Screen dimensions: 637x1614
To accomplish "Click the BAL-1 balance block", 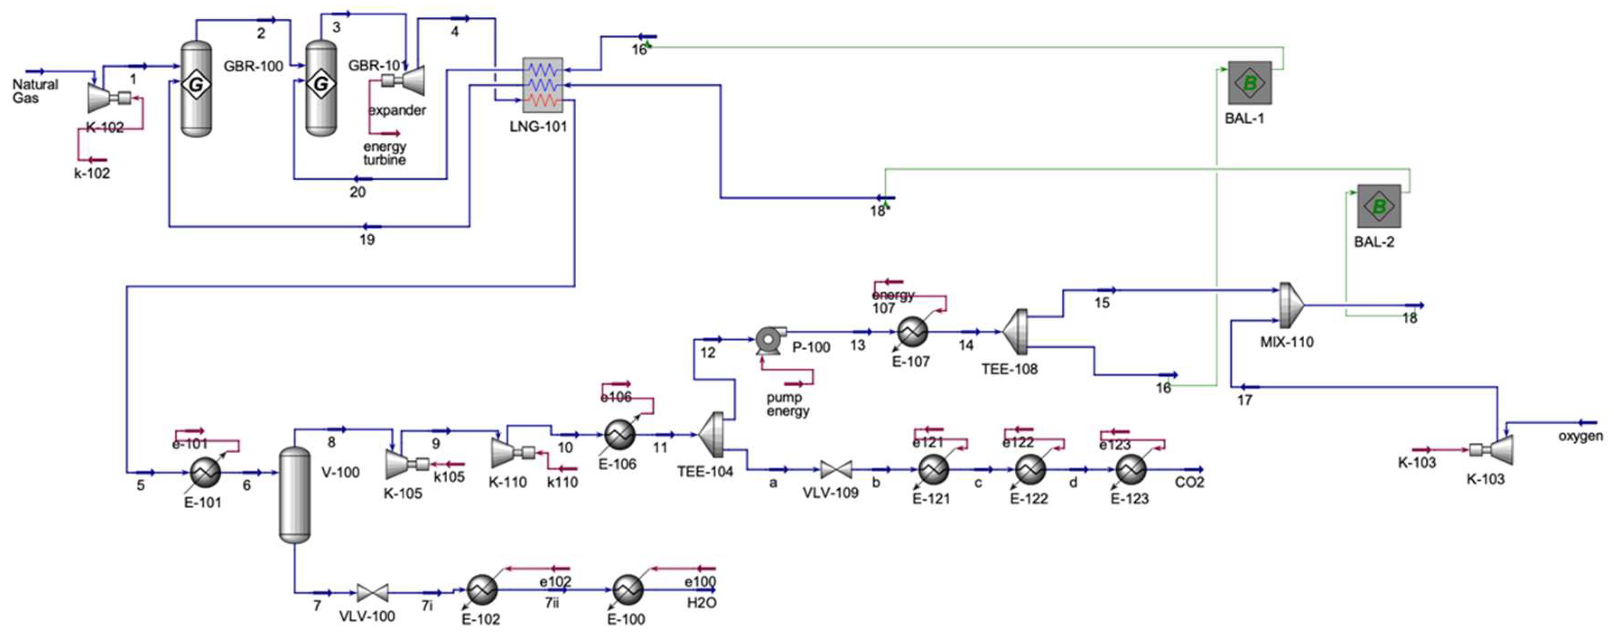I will click(1250, 83).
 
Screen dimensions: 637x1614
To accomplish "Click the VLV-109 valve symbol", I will click(836, 469).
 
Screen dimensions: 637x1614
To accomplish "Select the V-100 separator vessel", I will click(294, 495).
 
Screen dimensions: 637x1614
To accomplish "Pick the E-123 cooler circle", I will click(1130, 469).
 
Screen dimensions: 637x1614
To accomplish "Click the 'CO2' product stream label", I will click(1189, 483).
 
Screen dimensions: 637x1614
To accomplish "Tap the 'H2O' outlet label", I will click(701, 603).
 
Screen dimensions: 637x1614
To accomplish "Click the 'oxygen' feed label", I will click(1580, 436).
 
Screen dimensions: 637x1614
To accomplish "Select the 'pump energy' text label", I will click(788, 404).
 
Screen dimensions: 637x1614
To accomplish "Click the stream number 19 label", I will click(367, 239).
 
